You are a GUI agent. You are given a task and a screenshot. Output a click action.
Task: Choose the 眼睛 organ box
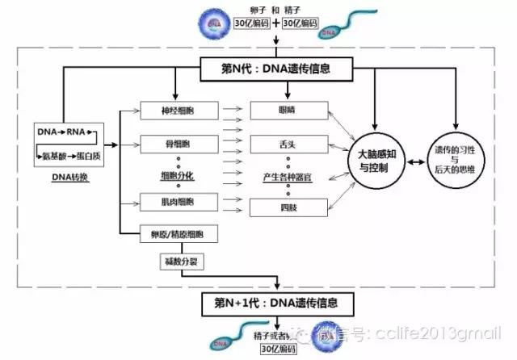click(289, 109)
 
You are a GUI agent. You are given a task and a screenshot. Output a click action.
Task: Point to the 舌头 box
click(289, 144)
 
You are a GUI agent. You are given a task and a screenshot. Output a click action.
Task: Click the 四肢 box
click(289, 207)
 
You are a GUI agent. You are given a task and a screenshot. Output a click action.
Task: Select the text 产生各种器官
click(289, 177)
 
